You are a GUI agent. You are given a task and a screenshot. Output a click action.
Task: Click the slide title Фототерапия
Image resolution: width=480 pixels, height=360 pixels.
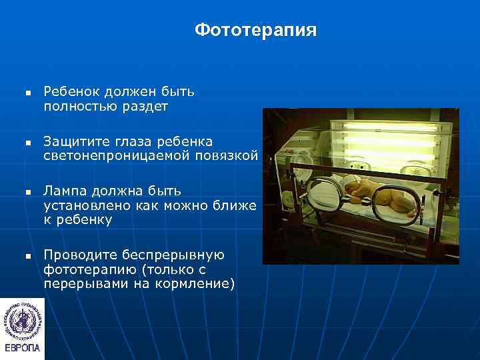[x=256, y=31]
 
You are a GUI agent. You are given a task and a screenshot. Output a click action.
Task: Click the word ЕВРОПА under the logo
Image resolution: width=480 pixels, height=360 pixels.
[x=22, y=348]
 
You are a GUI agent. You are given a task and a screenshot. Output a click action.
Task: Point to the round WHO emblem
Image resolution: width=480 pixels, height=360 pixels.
[x=22, y=317]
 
